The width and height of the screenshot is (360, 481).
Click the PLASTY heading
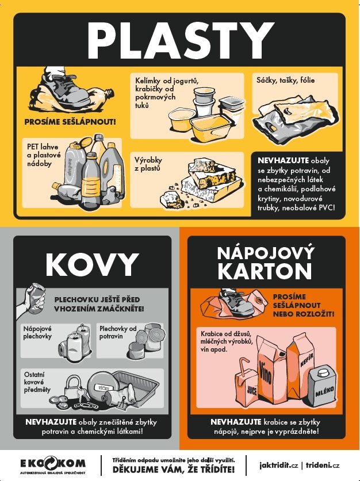pyautogui.click(x=181, y=40)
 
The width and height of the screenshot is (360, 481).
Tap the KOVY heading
pyautogui.click(x=92, y=265)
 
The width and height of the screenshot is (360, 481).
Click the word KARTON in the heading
pyautogui.click(x=265, y=271)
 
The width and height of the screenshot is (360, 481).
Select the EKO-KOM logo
pyautogui.click(x=53, y=465)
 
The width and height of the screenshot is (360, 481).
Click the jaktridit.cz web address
pyautogui.click(x=278, y=465)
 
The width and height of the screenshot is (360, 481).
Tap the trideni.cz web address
pyautogui.click(x=323, y=465)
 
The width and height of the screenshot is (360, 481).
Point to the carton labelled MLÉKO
pyautogui.click(x=322, y=387)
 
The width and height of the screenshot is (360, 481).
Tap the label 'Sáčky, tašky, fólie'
pyautogui.click(x=285, y=80)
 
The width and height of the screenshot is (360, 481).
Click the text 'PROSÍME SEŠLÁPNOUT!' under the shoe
pyautogui.click(x=70, y=122)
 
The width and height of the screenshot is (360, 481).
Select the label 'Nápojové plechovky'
pyautogui.click(x=37, y=332)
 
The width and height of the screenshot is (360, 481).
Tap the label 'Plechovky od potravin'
pyautogui.click(x=118, y=332)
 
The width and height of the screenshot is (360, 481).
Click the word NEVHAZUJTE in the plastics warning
pyautogui.click(x=283, y=160)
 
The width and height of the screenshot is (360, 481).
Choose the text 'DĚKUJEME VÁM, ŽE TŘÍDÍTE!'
pyautogui.click(x=174, y=469)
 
